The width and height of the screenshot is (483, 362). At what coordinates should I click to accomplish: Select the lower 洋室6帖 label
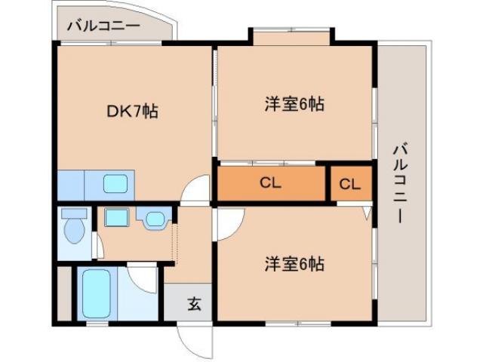(294, 265)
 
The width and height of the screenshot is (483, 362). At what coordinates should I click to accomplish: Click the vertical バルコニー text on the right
(399, 181)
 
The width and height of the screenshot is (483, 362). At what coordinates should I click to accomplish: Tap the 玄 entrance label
(194, 305)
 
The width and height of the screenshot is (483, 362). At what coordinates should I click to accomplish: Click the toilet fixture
(73, 226)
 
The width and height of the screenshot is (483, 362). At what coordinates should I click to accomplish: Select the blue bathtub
(96, 294)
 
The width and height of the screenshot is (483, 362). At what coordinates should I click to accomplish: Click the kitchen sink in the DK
(115, 183)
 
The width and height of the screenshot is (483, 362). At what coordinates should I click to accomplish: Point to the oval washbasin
(154, 219)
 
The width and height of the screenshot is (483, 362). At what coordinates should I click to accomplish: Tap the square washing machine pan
(116, 218)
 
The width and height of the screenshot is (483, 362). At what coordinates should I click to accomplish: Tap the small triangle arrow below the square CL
(366, 213)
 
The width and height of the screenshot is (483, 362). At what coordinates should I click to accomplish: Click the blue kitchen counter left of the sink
(72, 183)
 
